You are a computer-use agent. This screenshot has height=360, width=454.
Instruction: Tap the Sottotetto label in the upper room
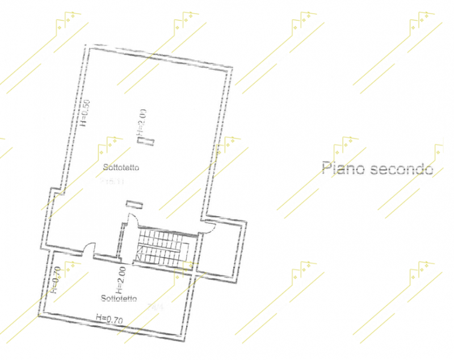[121, 168]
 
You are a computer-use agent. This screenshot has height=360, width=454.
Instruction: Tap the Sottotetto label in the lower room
[120, 299]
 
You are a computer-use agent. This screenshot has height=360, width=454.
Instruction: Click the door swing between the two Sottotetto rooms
[89, 247]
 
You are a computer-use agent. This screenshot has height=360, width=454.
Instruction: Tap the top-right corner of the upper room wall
[232, 68]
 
